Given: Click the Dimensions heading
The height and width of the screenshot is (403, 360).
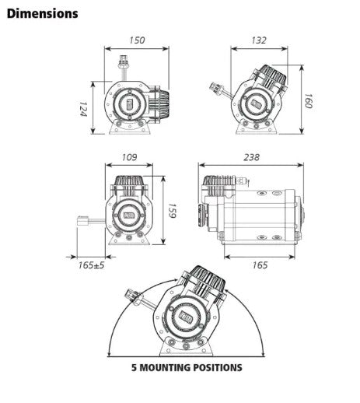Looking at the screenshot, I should pyautogui.click(x=43, y=13).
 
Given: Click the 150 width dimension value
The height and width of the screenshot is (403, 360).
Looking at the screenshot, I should pyautogui.click(x=138, y=40).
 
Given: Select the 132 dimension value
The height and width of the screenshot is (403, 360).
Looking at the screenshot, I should pyautogui.click(x=258, y=40).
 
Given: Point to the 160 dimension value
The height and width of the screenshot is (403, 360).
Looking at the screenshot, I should pyautogui.click(x=307, y=101).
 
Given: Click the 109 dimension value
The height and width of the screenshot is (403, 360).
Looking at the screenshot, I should pyautogui.click(x=129, y=157).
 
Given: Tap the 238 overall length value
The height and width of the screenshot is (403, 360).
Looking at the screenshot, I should pyautogui.click(x=250, y=157).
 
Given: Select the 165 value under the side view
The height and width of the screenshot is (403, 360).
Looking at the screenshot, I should pyautogui.click(x=260, y=265).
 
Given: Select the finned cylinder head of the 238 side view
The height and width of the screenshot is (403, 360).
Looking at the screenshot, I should pyautogui.click(x=218, y=187).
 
